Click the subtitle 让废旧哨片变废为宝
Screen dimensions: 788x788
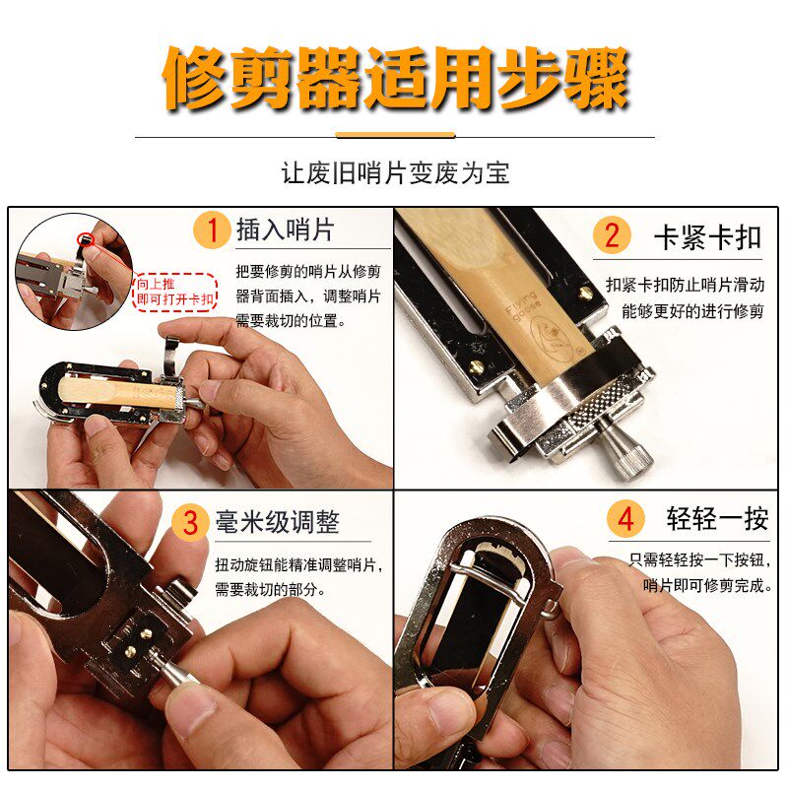pyautogui.click(x=394, y=174)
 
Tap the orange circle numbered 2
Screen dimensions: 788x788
pyautogui.click(x=612, y=235)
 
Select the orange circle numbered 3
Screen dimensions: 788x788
pyautogui.click(x=190, y=521)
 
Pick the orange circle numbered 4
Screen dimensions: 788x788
pyautogui.click(x=626, y=519)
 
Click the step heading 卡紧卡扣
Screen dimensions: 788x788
pyautogui.click(x=708, y=236)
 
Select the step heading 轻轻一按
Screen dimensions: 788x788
pyautogui.click(x=717, y=519)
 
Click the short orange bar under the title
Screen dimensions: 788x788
pyautogui.click(x=394, y=135)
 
